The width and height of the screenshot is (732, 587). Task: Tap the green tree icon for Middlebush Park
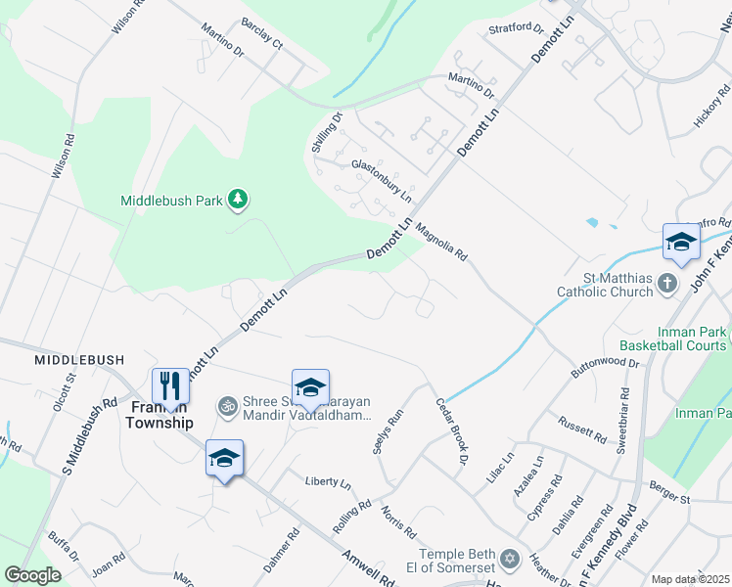coord(237,200)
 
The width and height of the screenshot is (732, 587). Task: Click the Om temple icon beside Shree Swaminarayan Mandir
coord(228,404)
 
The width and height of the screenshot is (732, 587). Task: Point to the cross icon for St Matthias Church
coord(666,284)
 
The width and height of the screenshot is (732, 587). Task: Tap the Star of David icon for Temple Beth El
coord(508,558)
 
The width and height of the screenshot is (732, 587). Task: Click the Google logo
coord(32,574)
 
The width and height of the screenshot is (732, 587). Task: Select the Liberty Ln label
coord(328,482)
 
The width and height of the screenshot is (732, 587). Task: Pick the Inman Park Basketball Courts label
coord(673,339)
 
